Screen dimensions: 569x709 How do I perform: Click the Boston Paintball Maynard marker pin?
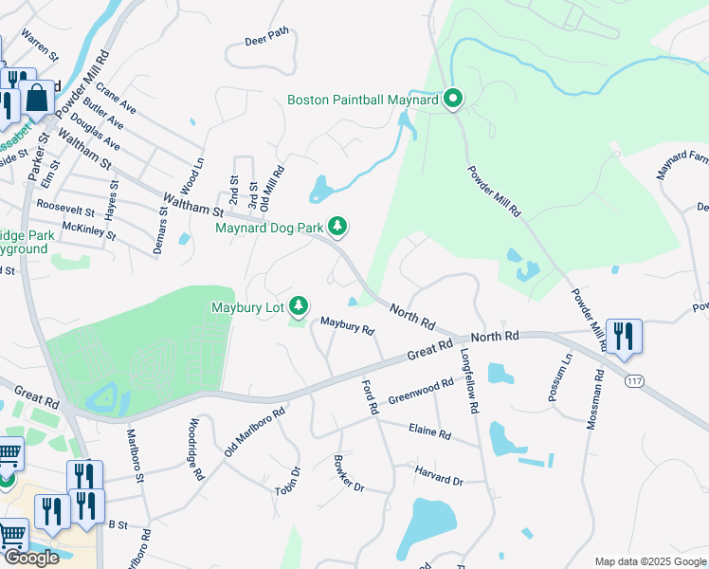[453, 99]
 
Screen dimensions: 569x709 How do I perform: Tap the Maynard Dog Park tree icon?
[337, 227]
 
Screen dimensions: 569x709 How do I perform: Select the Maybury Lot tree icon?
[300, 304]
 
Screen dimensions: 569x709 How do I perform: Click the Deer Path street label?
[266, 37]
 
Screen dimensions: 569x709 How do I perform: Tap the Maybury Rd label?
[347, 327]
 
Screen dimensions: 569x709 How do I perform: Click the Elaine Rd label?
[431, 432]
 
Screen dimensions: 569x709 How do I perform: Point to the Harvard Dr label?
[439, 477]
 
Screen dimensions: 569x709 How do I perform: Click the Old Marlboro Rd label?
[255, 431]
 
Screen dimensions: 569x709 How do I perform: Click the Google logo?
[30, 558]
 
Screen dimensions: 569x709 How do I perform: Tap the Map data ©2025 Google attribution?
[649, 561]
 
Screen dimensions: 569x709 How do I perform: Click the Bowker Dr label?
[349, 474]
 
